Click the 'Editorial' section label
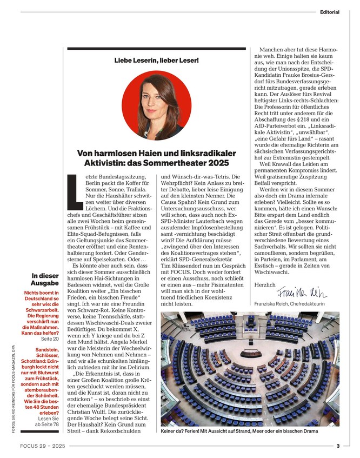click(329, 12)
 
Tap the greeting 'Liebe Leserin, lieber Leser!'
click(156, 60)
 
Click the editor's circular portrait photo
click(156, 105)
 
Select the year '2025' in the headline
click(218, 163)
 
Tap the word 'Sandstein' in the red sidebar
click(51, 350)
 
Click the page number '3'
click(337, 446)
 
